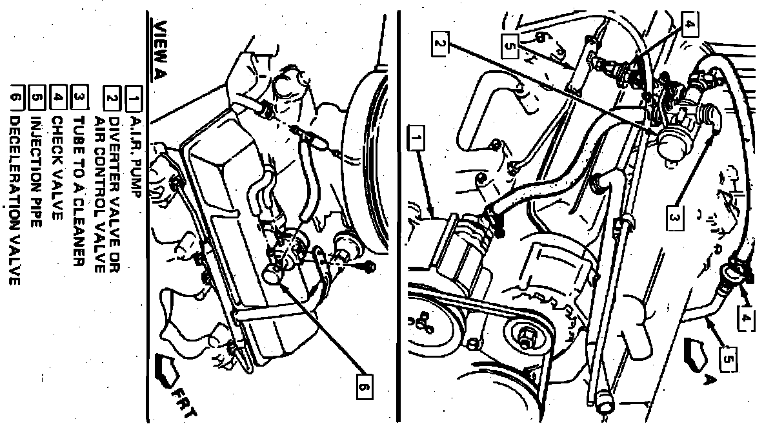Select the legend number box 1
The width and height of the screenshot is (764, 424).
click(x=133, y=99)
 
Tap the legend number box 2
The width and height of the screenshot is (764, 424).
click(x=112, y=99)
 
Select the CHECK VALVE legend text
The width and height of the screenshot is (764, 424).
click(x=57, y=168)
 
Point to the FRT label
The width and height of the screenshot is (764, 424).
click(x=186, y=403)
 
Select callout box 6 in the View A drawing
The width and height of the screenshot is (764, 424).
click(x=365, y=386)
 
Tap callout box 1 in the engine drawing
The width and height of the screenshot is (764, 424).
click(x=415, y=139)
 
